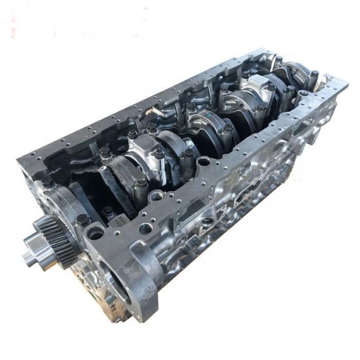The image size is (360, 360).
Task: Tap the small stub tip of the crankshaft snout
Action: point(27,258)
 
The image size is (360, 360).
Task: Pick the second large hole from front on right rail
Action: point(157,195)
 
